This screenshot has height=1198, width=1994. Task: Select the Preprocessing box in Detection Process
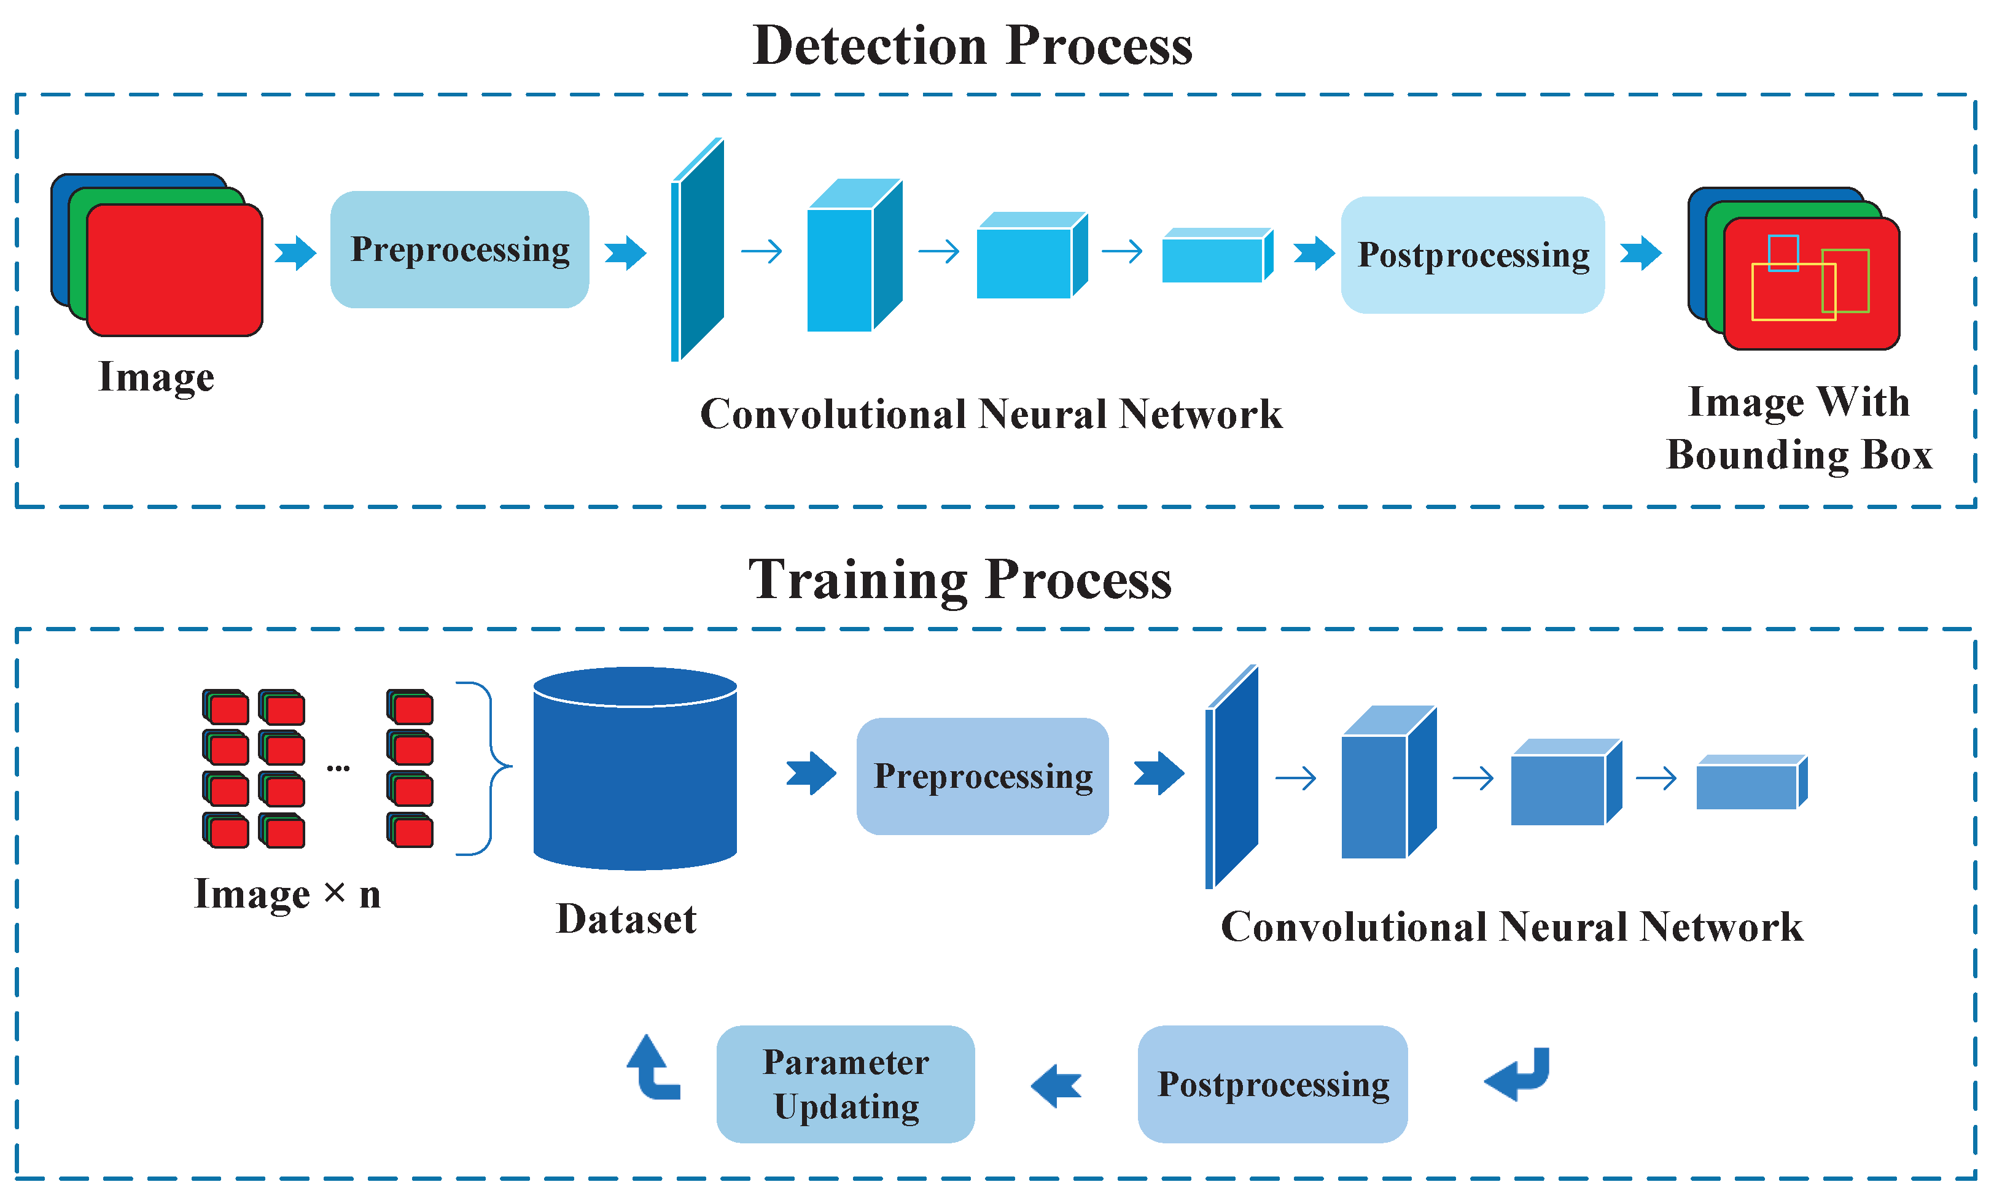(x=459, y=249)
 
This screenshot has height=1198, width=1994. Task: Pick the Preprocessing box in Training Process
(x=982, y=776)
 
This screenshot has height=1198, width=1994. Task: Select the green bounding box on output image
(x=1867, y=282)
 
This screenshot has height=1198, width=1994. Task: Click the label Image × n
(x=287, y=893)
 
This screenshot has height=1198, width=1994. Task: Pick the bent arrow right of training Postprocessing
(x=1517, y=1074)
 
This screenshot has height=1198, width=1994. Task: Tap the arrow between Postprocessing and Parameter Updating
(x=1055, y=1085)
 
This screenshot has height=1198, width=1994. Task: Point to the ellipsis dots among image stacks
(x=337, y=768)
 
